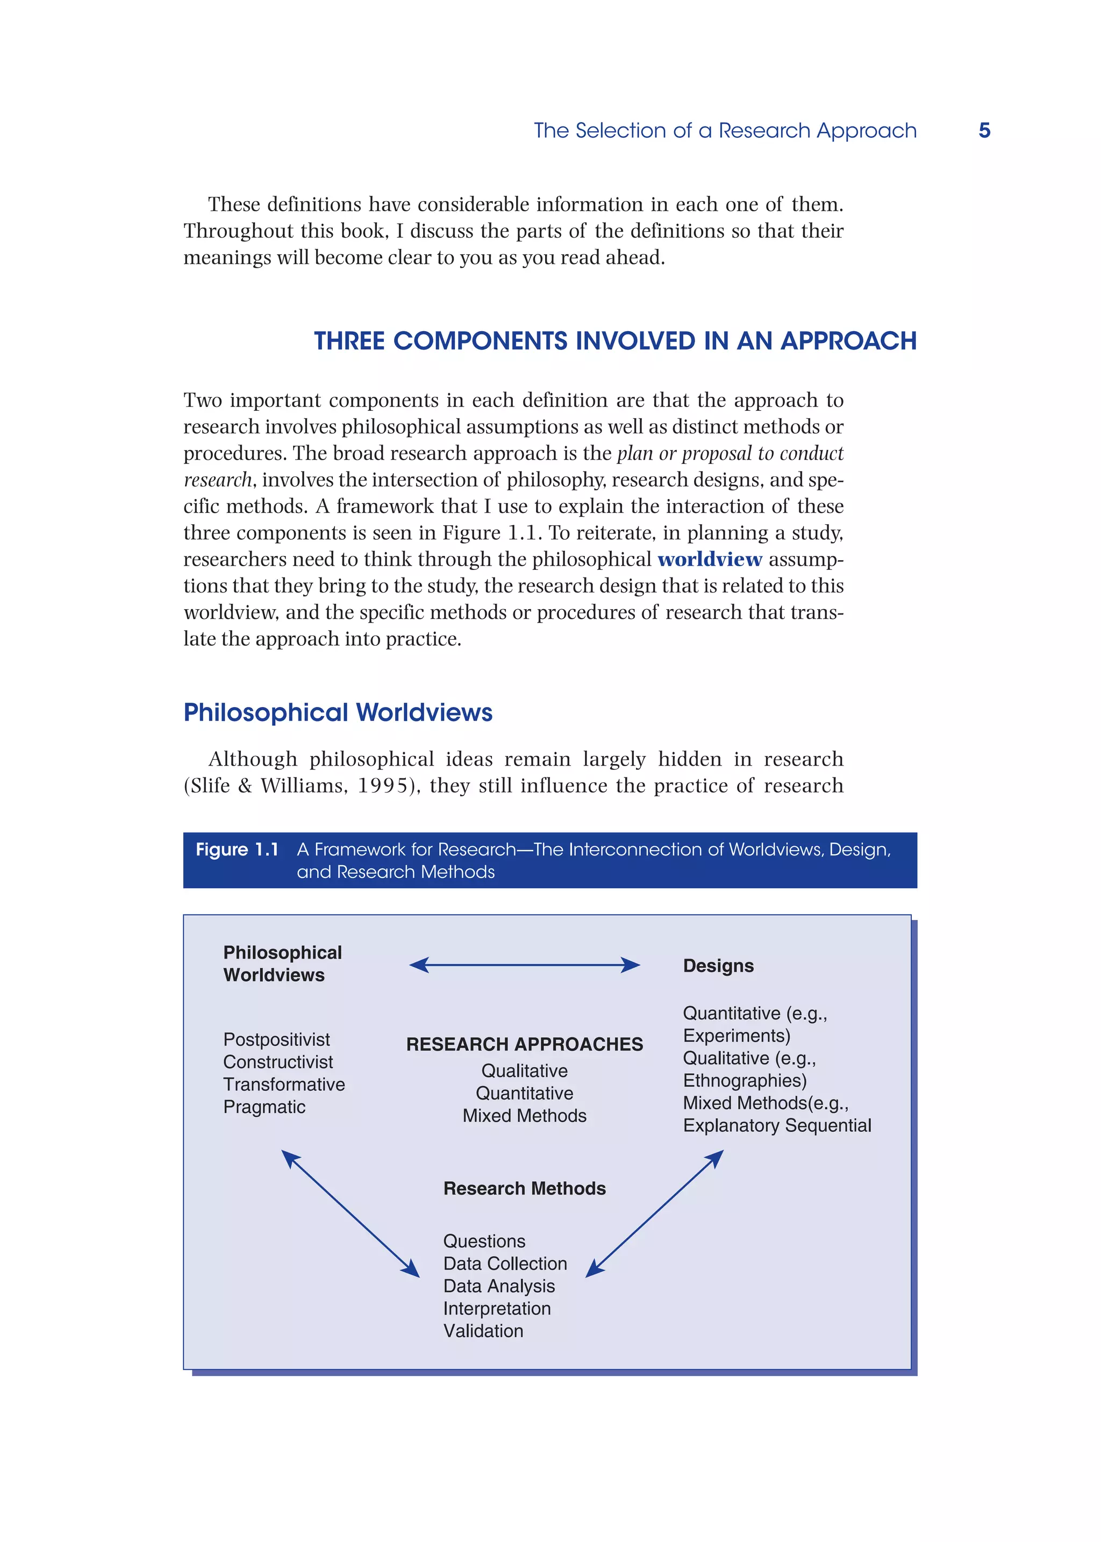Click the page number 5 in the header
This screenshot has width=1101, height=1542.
(x=984, y=130)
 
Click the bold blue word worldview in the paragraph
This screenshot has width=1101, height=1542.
(x=709, y=560)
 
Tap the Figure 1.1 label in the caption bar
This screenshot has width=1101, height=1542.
(x=237, y=849)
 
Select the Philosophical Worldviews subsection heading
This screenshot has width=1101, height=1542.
(x=338, y=713)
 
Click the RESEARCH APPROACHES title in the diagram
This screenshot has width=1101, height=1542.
(x=524, y=1044)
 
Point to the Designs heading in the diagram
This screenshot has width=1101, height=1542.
(x=718, y=966)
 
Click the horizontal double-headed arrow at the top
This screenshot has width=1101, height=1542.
(x=524, y=965)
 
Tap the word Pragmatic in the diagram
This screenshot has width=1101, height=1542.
(x=264, y=1106)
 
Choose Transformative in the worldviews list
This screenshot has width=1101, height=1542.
(x=283, y=1084)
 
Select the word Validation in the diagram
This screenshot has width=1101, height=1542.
(x=483, y=1331)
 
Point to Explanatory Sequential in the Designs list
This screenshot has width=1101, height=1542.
(x=776, y=1126)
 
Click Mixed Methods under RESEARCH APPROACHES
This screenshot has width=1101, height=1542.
(x=524, y=1116)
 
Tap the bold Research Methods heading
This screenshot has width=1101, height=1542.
(x=524, y=1189)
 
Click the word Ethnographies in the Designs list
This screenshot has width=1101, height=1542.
(x=743, y=1080)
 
